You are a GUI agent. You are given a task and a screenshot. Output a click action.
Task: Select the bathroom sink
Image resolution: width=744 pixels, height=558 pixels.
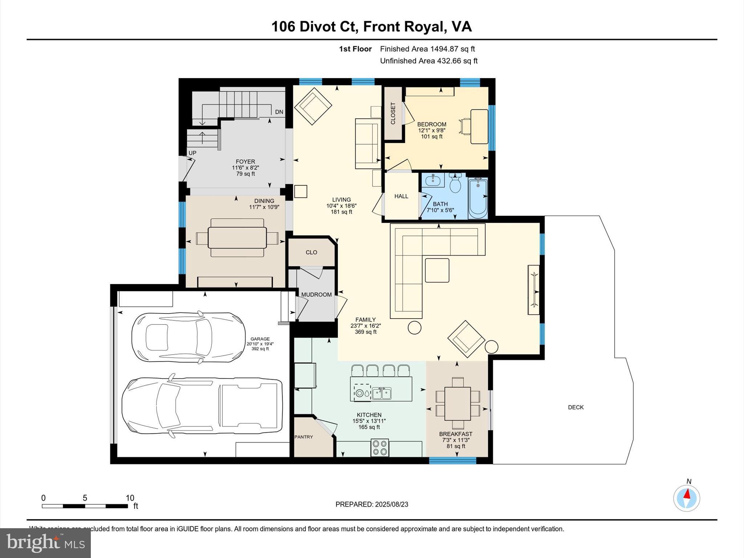(433, 180)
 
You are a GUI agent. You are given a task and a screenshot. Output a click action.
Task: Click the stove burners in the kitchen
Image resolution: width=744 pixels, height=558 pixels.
(380, 448)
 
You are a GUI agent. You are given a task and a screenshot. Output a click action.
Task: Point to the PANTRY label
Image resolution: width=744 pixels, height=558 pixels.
(303, 437)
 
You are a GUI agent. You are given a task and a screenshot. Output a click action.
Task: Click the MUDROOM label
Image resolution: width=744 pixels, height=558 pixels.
(316, 295)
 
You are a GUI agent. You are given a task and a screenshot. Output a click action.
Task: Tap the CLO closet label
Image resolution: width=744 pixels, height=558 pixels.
(311, 252)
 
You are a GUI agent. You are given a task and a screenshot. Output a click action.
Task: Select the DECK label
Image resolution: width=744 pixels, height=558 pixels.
(575, 407)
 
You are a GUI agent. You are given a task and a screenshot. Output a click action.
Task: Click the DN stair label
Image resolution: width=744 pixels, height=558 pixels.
(279, 112)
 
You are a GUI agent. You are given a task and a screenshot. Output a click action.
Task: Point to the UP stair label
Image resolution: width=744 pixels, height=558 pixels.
(192, 153)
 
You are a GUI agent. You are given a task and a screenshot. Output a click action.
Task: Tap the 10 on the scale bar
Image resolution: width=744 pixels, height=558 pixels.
(130, 498)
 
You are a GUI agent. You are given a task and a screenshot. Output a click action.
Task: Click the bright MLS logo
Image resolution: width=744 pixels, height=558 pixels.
(45, 543)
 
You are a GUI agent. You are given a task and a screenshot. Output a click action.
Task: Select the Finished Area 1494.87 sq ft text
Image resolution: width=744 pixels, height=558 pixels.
(427, 49)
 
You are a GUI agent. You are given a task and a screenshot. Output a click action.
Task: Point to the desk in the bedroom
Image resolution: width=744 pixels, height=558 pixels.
(479, 126)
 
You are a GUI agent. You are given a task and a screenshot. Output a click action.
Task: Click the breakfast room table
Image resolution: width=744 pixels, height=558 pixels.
(457, 404)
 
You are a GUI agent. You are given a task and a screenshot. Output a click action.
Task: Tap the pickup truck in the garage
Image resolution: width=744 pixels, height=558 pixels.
(202, 404)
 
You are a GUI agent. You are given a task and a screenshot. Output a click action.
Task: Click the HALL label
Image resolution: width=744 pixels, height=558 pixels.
(401, 196)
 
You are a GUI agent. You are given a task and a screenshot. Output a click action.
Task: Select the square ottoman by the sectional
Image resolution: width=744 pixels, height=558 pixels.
(437, 270)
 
